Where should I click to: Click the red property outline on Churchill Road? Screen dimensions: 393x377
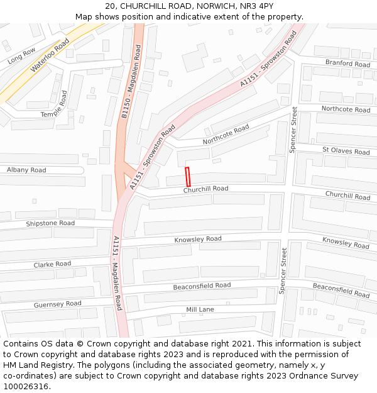[x=187, y=176]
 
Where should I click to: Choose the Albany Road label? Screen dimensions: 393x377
[x=26, y=170]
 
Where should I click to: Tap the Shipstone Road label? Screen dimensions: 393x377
[x=50, y=223]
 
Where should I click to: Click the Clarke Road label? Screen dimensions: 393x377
[x=52, y=264]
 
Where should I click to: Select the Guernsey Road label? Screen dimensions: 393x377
[x=58, y=304]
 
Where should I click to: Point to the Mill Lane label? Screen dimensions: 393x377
[x=200, y=309]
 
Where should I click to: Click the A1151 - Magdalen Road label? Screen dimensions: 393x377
[x=117, y=273]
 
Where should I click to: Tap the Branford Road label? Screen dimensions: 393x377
[x=347, y=64]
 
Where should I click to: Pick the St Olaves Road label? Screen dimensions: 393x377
[x=346, y=151]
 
